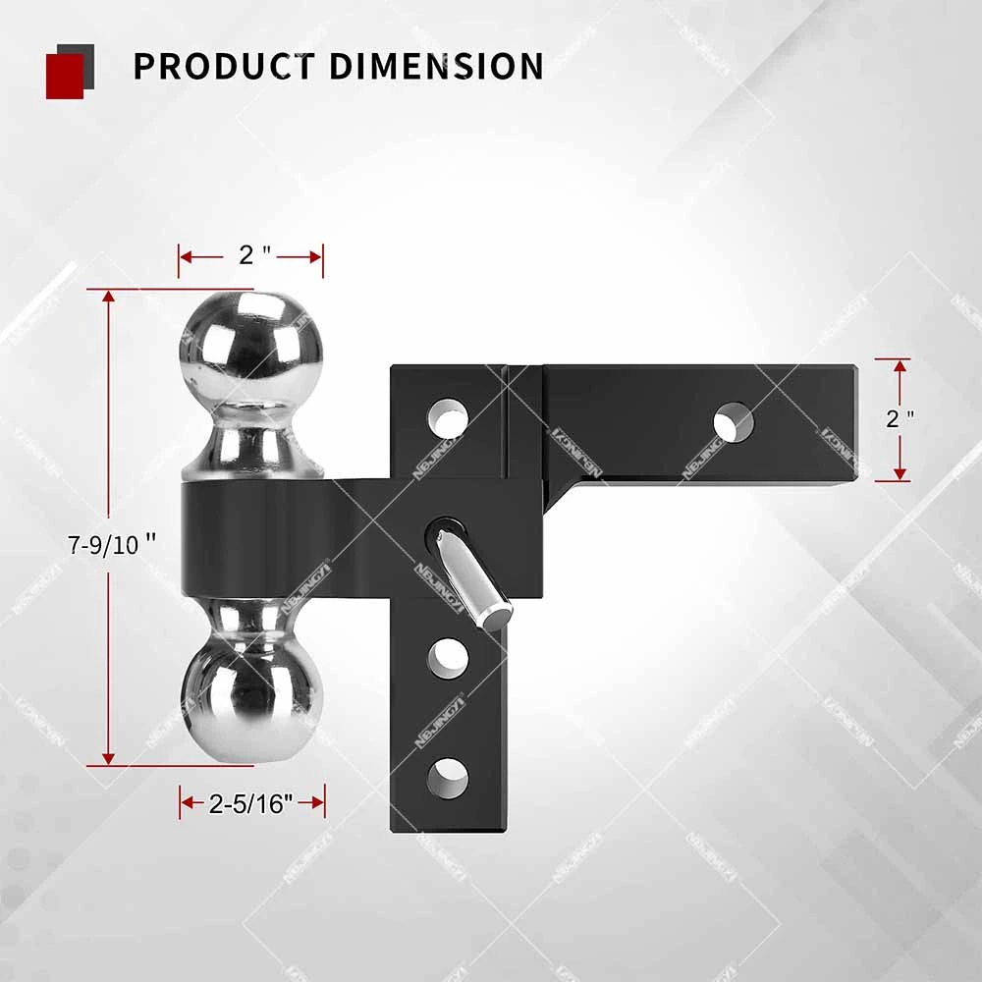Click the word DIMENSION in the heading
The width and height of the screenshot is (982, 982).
pyautogui.click(x=436, y=66)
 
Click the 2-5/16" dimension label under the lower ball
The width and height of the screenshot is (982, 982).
pyautogui.click(x=251, y=804)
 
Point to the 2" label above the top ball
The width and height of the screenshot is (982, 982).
pyautogui.click(x=252, y=256)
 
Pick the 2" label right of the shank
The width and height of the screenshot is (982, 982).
pyautogui.click(x=900, y=419)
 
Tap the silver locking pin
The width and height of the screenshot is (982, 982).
pyautogui.click(x=474, y=578)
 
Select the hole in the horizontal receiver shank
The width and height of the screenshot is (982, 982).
pyautogui.click(x=734, y=421)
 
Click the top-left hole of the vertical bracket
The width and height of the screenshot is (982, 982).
pyautogui.click(x=447, y=416)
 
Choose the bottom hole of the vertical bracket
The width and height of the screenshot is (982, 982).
pyautogui.click(x=447, y=777)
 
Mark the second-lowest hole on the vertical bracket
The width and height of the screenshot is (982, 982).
pyautogui.click(x=447, y=657)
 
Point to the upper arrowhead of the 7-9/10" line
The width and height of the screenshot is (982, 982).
pyautogui.click(x=108, y=299)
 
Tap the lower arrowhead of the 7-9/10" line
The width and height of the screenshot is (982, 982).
pyautogui.click(x=108, y=756)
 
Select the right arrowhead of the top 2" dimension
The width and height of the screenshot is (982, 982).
pyautogui.click(x=315, y=257)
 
